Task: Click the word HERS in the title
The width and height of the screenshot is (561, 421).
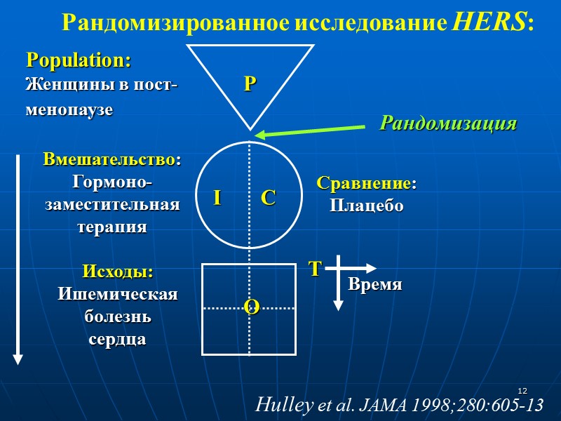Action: pyautogui.click(x=489, y=22)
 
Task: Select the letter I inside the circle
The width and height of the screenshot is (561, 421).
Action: pyautogui.click(x=217, y=199)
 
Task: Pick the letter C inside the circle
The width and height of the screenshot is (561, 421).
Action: pyautogui.click(x=268, y=199)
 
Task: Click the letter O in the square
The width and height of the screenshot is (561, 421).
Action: pyautogui.click(x=251, y=306)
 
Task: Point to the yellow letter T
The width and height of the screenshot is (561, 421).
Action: pyautogui.click(x=315, y=269)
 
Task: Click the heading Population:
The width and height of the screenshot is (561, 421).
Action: pyautogui.click(x=79, y=60)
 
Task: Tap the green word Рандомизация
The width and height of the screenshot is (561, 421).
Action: pyautogui.click(x=448, y=123)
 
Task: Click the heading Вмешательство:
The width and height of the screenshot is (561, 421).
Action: pyautogui.click(x=112, y=159)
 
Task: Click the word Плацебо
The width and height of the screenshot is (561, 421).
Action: pyautogui.click(x=366, y=206)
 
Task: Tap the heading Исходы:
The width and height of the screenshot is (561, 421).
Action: pyautogui.click(x=118, y=272)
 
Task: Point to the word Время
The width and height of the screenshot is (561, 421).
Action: pyautogui.click(x=376, y=285)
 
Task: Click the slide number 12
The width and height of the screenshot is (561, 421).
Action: pyautogui.click(x=522, y=391)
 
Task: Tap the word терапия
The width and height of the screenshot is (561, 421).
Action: pyautogui.click(x=112, y=227)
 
